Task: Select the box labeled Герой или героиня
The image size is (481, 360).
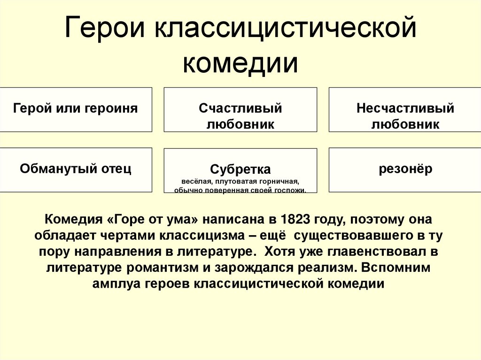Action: coord(76,109)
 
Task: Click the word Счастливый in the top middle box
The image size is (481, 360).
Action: coord(240,108)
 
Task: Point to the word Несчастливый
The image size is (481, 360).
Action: coord(405,108)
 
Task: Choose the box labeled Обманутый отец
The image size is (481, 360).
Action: coord(76,169)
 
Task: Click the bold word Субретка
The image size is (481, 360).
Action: coord(240,169)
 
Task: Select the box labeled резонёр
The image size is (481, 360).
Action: coord(405,169)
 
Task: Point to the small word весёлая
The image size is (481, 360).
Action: coord(195,181)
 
